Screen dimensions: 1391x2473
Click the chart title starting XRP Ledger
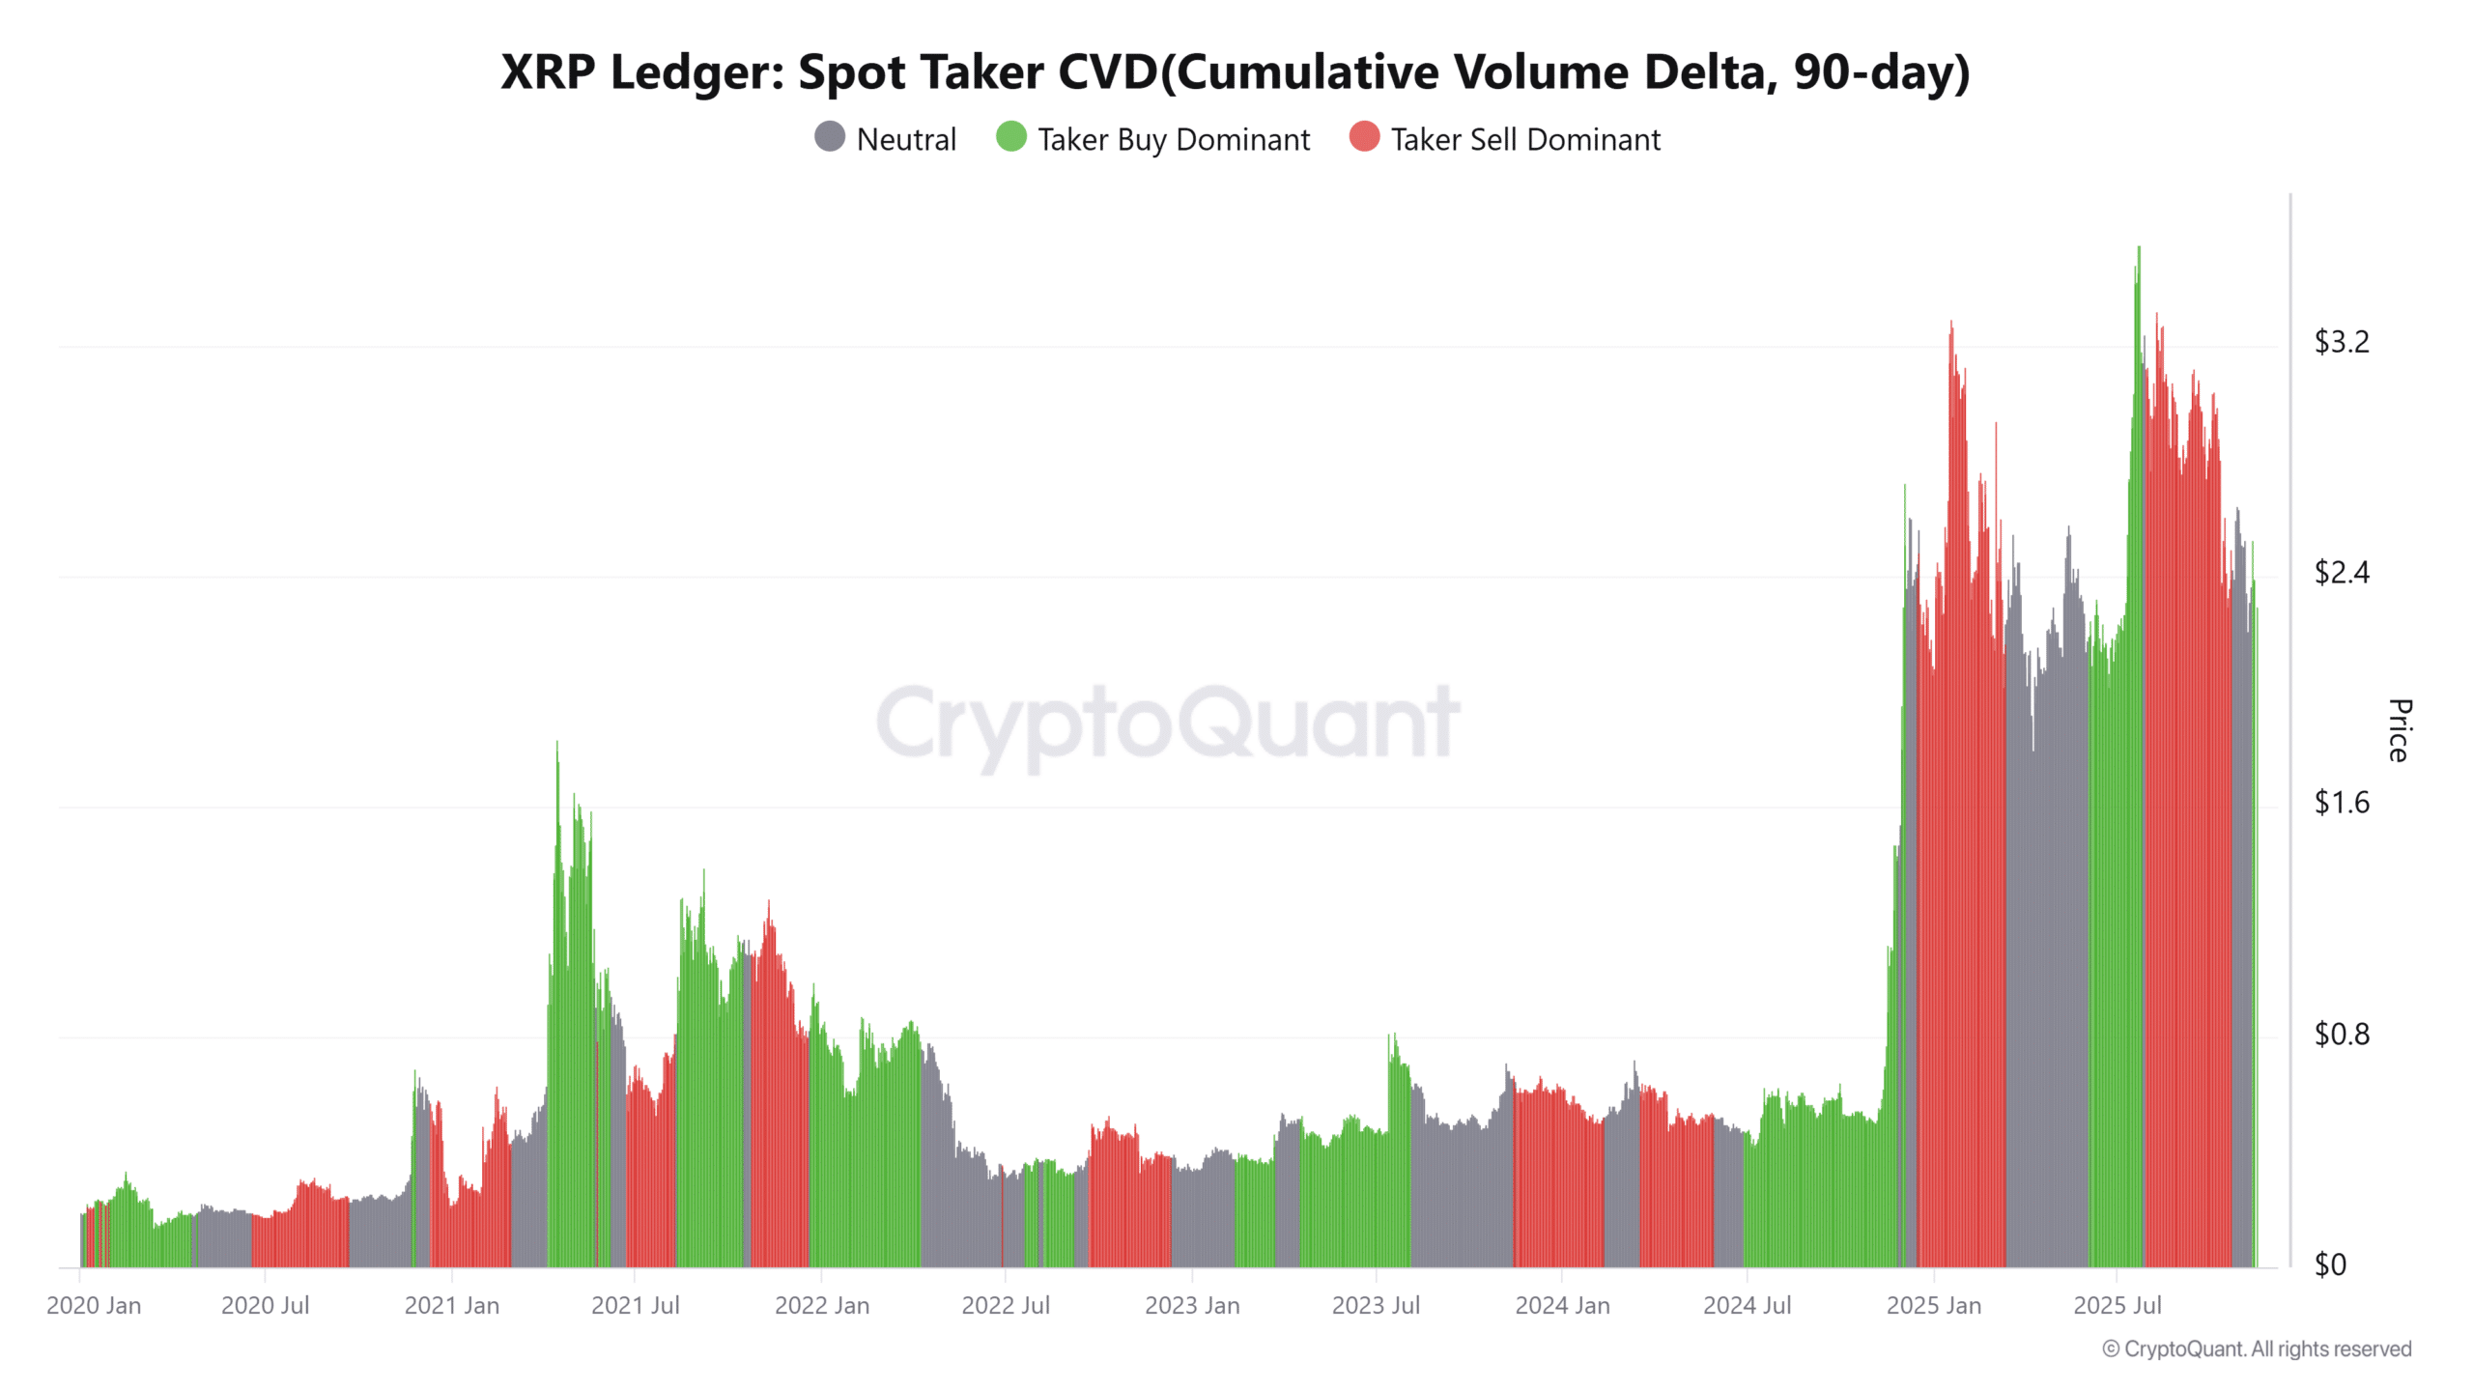pos(1235,71)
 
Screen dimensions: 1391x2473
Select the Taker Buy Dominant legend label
pos(1173,139)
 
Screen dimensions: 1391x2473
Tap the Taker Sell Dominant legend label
pos(1524,139)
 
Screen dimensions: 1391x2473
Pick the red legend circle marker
pos(1364,137)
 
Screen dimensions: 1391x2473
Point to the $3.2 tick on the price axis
pos(2341,342)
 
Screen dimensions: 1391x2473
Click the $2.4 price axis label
pos(2341,573)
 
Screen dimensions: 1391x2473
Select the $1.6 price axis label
pos(2341,803)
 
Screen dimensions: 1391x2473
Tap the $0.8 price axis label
pos(2341,1035)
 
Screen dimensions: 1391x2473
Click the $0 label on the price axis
pos(2330,1264)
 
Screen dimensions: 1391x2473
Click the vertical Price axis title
pos(2399,731)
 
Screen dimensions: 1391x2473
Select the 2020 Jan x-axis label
pos(94,1306)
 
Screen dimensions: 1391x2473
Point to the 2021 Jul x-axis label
pos(635,1306)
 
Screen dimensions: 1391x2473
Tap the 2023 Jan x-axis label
pos(1191,1306)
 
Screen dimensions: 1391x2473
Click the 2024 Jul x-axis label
pos(1746,1306)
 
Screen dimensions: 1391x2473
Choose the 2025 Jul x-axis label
pos(2117,1306)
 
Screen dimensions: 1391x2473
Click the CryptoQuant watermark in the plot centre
pos(1167,723)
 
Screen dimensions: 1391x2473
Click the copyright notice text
pos(2257,1349)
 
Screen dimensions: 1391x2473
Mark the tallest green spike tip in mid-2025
pos(2139,249)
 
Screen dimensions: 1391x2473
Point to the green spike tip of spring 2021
pos(556,744)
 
